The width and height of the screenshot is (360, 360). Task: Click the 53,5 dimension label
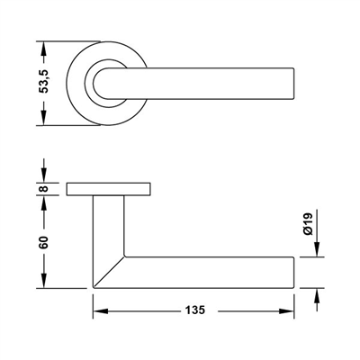click(x=44, y=82)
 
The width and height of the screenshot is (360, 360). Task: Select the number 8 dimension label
click(x=44, y=189)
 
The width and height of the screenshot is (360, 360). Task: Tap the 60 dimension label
click(x=44, y=242)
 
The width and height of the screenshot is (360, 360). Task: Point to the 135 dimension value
click(x=195, y=310)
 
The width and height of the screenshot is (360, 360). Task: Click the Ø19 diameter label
click(x=308, y=223)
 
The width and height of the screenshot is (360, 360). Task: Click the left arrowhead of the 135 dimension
click(x=100, y=311)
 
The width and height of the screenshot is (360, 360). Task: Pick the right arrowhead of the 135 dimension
click(x=286, y=311)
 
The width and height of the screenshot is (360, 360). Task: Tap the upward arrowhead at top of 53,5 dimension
click(x=44, y=49)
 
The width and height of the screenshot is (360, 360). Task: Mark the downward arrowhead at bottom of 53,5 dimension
click(x=44, y=118)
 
